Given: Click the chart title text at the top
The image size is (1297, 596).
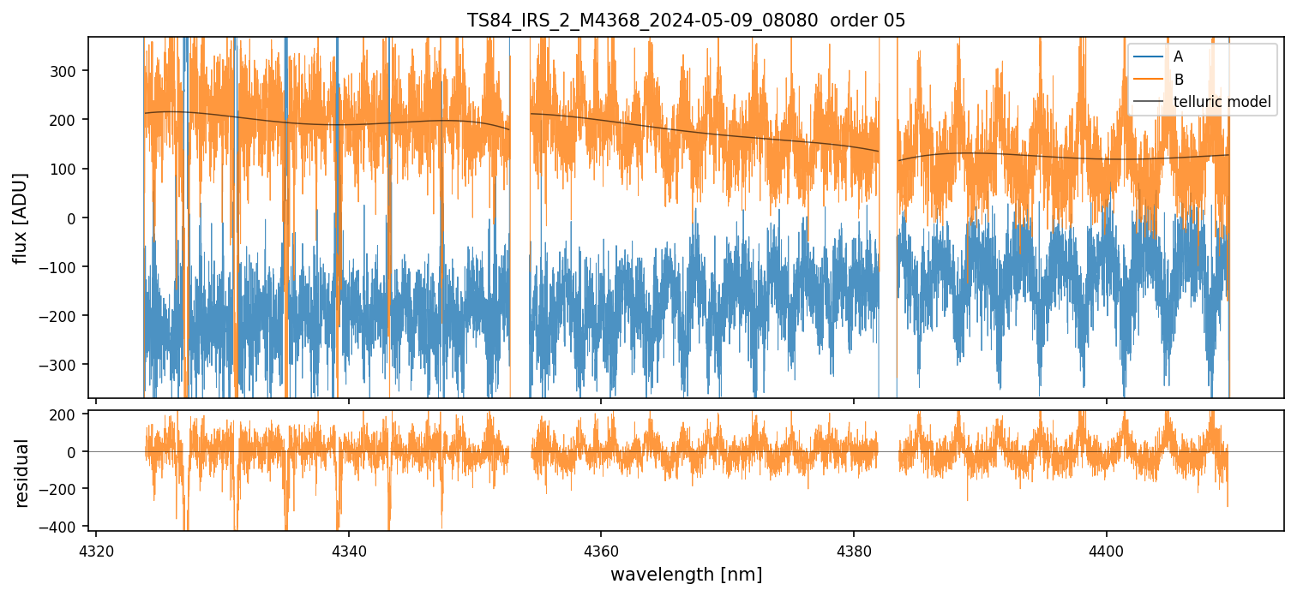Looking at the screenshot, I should click(686, 21).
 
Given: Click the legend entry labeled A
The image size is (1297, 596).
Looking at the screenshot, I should click(1178, 57).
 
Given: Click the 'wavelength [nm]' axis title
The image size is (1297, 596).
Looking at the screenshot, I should click(686, 574).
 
